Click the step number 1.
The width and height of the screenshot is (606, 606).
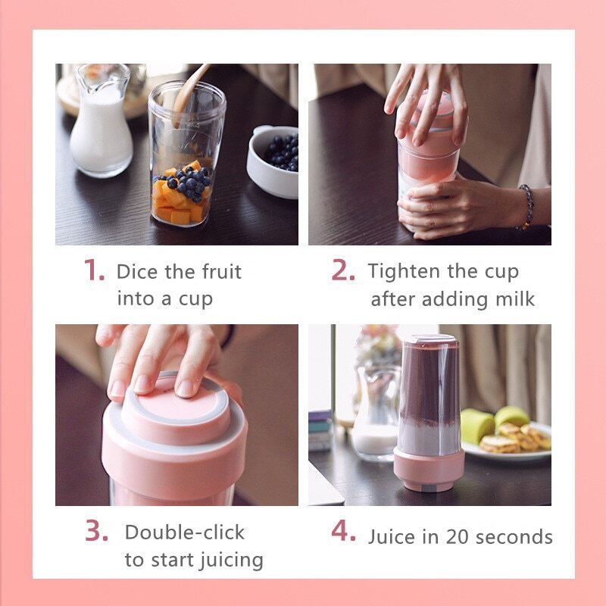[94, 270]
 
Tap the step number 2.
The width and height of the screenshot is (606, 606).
[343, 270]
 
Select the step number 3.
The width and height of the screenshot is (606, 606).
[97, 530]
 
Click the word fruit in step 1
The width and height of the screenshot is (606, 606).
[222, 271]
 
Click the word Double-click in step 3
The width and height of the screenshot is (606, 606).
[185, 533]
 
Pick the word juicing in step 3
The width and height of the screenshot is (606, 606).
[231, 561]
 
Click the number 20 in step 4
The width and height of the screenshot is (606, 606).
[458, 537]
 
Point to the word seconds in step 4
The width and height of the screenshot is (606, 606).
[514, 537]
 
